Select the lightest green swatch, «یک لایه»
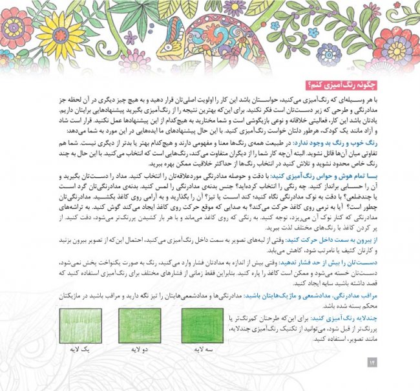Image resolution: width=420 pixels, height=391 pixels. coord(76,326)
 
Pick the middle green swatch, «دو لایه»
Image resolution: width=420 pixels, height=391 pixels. coord(140,326)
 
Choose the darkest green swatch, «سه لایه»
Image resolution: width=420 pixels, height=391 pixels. coord(202,326)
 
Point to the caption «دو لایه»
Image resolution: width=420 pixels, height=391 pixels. coord(140,350)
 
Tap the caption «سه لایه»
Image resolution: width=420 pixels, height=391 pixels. coord(202,350)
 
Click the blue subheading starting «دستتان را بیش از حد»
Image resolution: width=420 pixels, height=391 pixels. coord(336,263)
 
